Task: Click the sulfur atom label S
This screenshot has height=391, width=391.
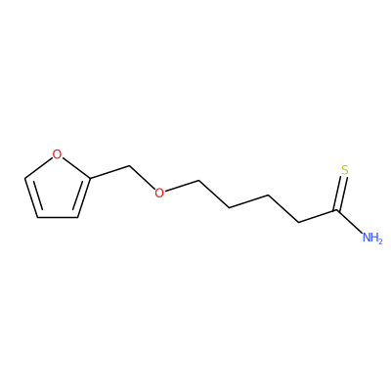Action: (345, 170)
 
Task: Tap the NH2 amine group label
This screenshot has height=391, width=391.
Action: (372, 238)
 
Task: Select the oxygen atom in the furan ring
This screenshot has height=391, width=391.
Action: (57, 154)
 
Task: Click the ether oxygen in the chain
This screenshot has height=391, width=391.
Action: (159, 193)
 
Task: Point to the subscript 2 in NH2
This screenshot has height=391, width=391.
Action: (379, 240)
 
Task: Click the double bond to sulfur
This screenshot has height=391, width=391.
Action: (341, 194)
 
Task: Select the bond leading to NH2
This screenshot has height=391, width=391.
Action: (349, 222)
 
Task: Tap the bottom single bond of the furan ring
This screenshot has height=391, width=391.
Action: (58, 217)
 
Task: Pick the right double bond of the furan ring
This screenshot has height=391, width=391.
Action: (82, 197)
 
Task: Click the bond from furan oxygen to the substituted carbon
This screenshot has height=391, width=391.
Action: (75, 168)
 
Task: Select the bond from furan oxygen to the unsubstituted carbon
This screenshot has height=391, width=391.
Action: (38, 168)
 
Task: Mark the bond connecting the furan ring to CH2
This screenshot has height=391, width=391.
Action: (109, 172)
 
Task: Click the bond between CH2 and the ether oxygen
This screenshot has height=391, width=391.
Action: (142, 178)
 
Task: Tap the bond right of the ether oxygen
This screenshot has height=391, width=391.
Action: (182, 186)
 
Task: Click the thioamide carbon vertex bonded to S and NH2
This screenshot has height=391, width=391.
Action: (336, 211)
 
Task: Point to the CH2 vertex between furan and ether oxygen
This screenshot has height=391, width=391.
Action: (130, 166)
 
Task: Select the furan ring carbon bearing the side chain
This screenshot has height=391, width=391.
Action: (90, 178)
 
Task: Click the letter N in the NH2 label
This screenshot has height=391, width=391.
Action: (368, 238)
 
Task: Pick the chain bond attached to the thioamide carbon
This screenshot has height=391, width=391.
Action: (318, 217)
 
